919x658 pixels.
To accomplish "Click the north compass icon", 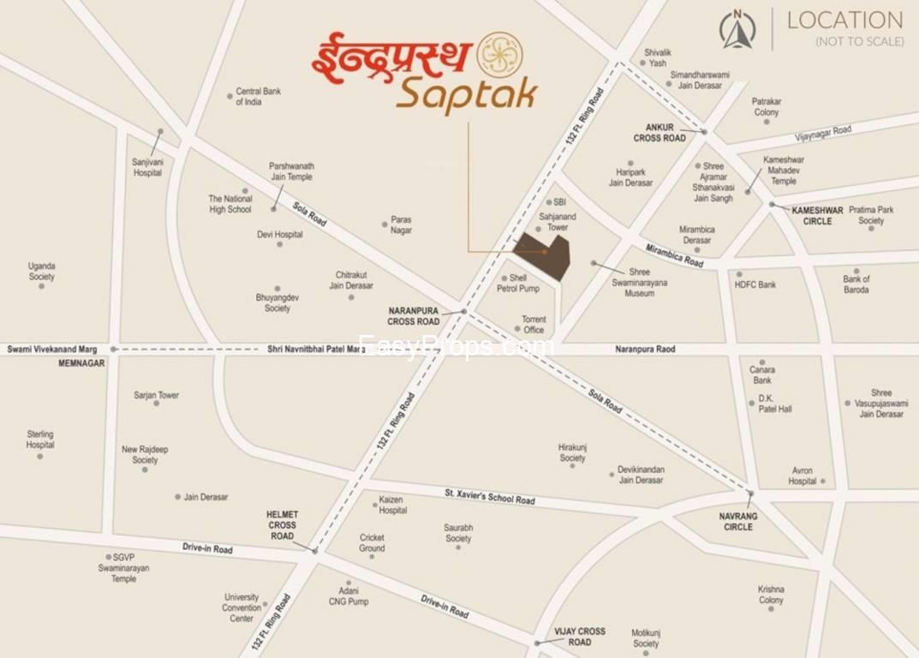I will coord(737,29).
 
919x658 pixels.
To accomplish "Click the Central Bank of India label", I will coord(259,97).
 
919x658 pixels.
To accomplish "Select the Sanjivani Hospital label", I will coord(147,167).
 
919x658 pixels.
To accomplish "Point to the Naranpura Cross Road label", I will coord(414,316).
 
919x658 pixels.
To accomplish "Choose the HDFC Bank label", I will coord(755,284).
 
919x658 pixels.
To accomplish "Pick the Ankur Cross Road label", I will coord(659,133).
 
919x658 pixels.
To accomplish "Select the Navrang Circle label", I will coord(737,522).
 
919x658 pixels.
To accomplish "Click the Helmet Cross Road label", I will coord(282,525).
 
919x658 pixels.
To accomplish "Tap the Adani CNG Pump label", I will coord(349,596).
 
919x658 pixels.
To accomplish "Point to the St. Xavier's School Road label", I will coord(489,496).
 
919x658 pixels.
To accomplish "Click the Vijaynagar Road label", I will coord(823,131).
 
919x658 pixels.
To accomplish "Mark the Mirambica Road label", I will coord(674,254).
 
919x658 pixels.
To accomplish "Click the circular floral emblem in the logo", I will coord(499,54).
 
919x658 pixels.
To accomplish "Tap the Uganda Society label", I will coord(41,272).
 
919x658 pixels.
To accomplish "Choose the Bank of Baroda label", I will coord(856,284).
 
